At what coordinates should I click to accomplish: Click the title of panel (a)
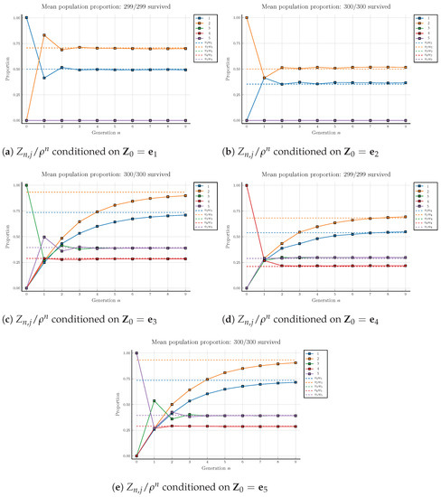tap(115, 6)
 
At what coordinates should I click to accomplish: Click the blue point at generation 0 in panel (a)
tap(26, 17)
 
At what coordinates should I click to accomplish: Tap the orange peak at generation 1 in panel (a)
tap(43, 35)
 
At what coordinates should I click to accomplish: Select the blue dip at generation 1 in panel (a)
tap(43, 78)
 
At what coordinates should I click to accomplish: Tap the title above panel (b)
tap(334, 6)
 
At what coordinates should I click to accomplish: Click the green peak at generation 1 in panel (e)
tap(154, 400)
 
